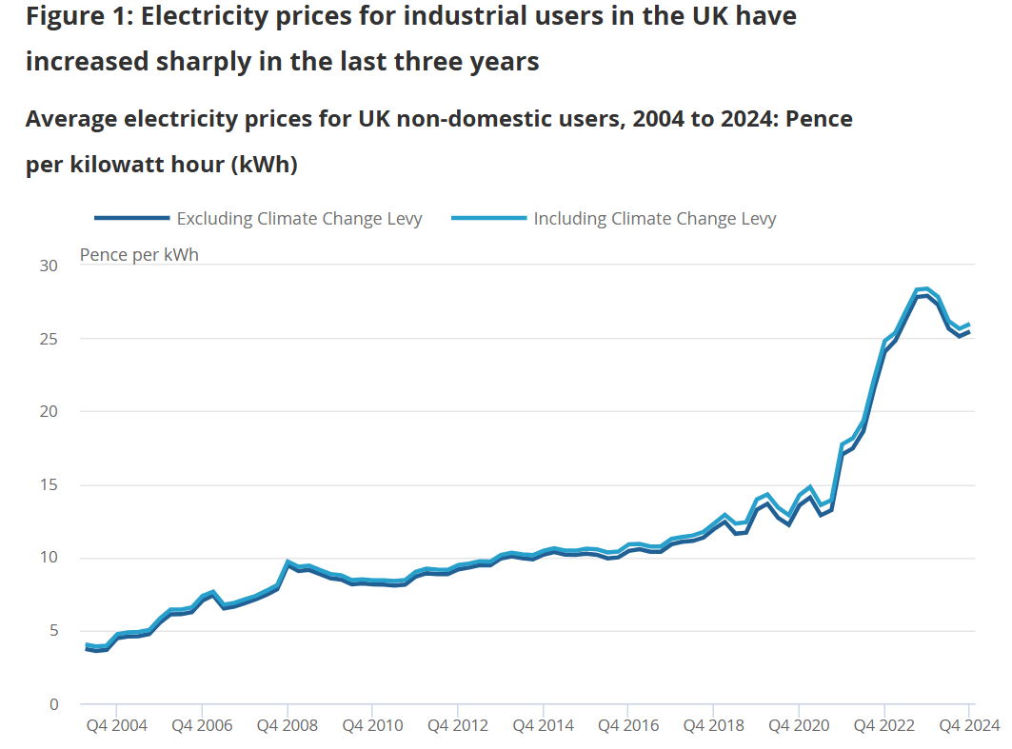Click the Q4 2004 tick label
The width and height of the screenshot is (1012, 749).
(x=116, y=726)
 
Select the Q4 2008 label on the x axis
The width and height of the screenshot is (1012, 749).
(x=287, y=726)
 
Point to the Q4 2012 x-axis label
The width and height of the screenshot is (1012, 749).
(x=457, y=726)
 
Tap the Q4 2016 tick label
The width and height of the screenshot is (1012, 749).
(x=627, y=726)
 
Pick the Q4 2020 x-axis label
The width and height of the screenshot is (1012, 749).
(x=798, y=726)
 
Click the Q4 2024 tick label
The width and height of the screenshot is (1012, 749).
(x=969, y=726)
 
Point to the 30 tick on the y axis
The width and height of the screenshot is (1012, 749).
(x=49, y=266)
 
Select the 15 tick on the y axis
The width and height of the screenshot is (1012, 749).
(x=49, y=485)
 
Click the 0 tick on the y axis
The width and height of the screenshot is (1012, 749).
(x=53, y=704)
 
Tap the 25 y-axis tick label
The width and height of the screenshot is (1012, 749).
(x=49, y=339)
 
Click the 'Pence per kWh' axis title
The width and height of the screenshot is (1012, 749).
(x=139, y=255)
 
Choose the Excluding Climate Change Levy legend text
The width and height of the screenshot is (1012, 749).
(x=299, y=219)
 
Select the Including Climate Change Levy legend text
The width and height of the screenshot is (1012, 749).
(x=655, y=219)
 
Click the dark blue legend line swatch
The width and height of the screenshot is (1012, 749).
(x=131, y=219)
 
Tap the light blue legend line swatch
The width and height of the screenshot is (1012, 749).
(x=488, y=219)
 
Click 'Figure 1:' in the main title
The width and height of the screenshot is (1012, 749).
(x=79, y=16)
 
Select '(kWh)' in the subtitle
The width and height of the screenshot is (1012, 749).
(x=265, y=165)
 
